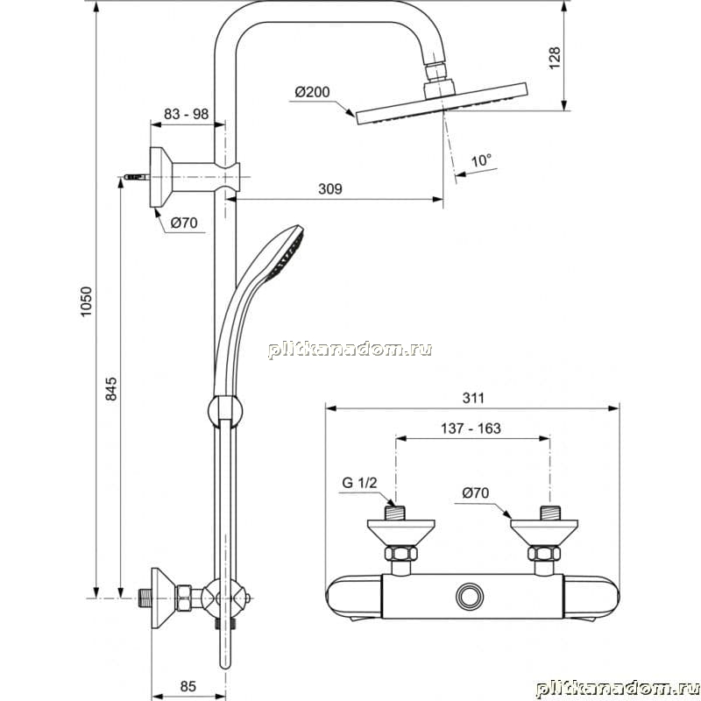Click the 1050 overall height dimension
(85, 301)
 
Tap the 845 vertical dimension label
(110, 388)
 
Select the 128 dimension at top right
(554, 57)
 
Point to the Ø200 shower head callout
(312, 92)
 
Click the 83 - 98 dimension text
(186, 114)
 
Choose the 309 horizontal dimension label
(330, 188)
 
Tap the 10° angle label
(481, 159)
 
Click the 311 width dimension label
(473, 398)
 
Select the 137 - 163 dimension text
(471, 428)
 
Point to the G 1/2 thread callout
(359, 483)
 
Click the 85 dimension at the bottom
(188, 686)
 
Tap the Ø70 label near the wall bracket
(184, 223)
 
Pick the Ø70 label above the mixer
(476, 492)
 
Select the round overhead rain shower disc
(442, 103)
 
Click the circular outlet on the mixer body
(470, 597)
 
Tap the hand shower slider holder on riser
(226, 409)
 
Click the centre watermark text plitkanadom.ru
(350, 349)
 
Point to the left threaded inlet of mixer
(395, 513)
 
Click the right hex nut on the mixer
(543, 553)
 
